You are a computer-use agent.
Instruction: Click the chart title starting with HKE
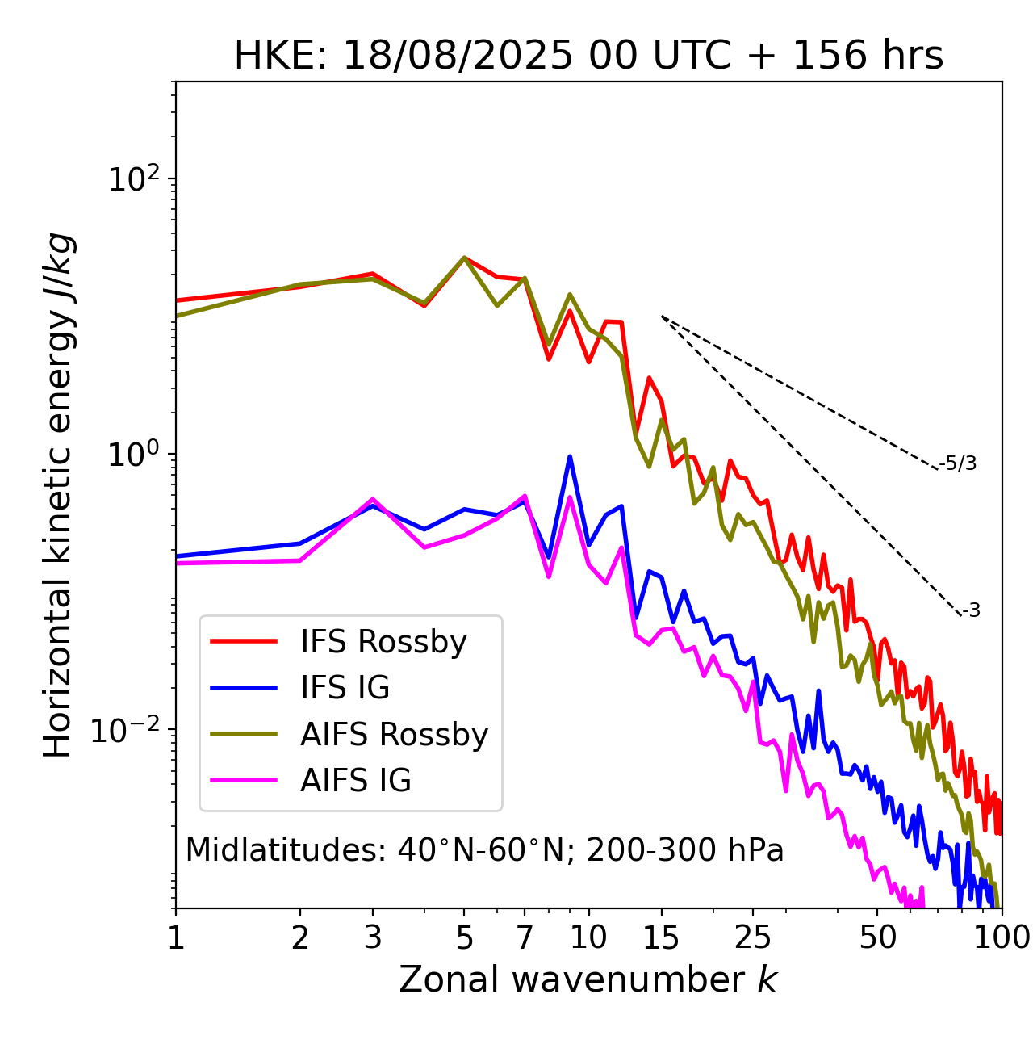point(588,56)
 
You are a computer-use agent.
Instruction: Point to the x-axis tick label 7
point(525,937)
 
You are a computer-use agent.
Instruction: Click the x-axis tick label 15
point(661,937)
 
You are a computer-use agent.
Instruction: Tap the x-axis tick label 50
point(877,937)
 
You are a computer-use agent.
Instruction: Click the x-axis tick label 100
point(1001,937)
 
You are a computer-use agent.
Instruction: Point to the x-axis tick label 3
point(372,937)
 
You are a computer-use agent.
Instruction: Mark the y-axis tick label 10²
point(133,179)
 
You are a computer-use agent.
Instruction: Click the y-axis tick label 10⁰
point(133,455)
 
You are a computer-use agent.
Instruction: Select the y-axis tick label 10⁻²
point(129,730)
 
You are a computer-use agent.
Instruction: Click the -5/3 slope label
point(958,463)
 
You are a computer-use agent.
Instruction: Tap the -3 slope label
point(971,610)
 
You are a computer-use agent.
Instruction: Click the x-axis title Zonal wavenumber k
point(588,979)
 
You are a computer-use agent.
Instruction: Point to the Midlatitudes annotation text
point(484,850)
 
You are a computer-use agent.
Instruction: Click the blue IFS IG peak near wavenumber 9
point(570,457)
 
